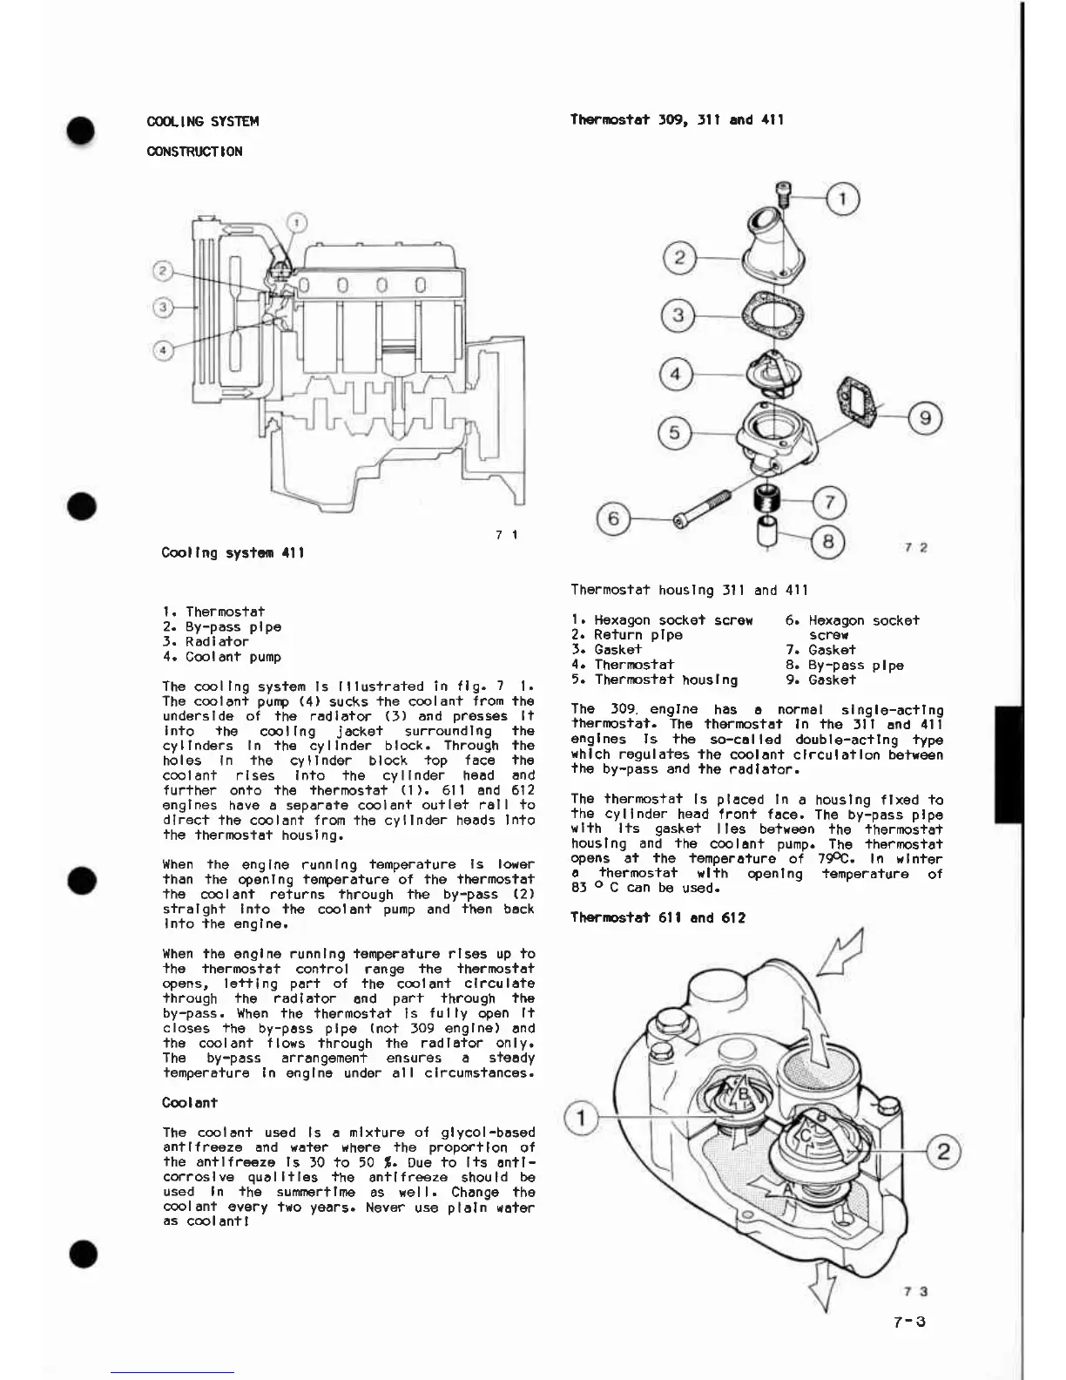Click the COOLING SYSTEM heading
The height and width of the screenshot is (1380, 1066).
pos(203,121)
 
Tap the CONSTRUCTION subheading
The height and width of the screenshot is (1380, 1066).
pos(195,152)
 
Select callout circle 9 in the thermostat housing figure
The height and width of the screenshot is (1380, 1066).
pos(925,418)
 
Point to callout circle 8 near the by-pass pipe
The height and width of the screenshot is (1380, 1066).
pos(828,542)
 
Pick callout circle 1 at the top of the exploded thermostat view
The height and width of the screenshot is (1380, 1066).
pos(842,200)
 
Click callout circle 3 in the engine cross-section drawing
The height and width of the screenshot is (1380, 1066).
pos(163,307)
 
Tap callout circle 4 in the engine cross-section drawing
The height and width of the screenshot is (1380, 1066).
pos(163,350)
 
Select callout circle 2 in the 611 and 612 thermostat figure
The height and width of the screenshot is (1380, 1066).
pos(943,1153)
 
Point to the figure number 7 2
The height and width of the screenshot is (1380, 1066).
pos(915,547)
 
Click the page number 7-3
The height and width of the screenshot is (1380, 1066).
pos(909,1322)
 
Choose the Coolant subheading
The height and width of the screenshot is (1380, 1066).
pos(190,1103)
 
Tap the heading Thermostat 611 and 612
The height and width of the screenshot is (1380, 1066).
pos(658,917)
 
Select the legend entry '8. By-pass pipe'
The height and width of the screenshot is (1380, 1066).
pos(844,666)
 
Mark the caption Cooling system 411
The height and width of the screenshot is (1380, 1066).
pos(233,553)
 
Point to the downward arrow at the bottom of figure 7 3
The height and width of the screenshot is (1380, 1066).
pos(821,1284)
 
